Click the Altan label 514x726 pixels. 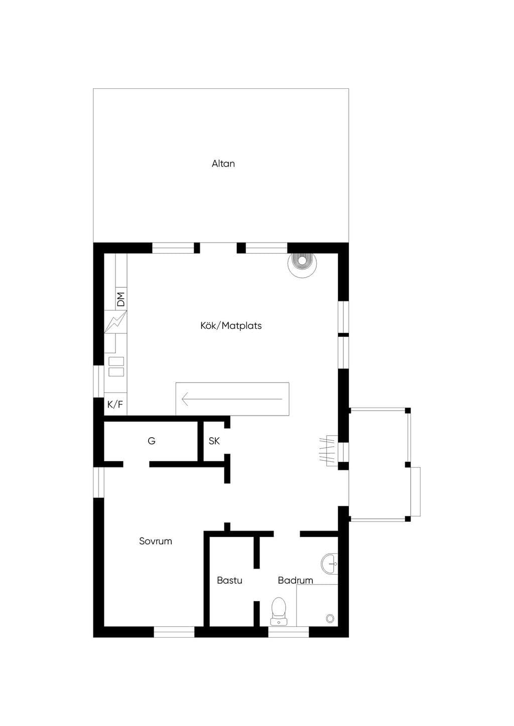223,163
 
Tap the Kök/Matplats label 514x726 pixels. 231,325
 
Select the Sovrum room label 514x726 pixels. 156,541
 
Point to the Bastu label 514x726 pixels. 229,580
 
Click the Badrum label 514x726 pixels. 295,580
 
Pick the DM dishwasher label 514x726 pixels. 120,299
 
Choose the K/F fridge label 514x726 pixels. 115,404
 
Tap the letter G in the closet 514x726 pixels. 152,441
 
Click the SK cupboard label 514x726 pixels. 214,441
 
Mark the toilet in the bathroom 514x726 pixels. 279,611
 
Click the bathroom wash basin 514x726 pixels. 330,564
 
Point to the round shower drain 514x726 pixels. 330,618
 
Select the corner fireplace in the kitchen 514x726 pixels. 302,264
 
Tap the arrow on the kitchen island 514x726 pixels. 232,399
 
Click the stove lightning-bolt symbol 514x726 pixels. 115,321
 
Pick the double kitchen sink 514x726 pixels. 116,367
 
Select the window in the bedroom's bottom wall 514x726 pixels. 174,632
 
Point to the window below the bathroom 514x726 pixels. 289,632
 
